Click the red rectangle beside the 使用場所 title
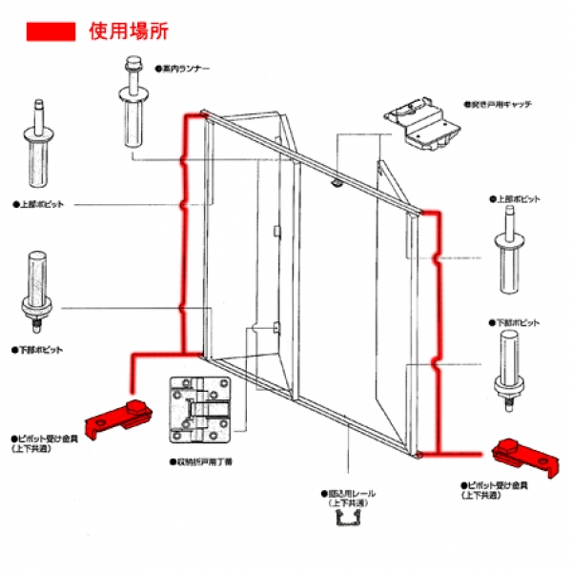(51, 31)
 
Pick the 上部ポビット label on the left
(38, 203)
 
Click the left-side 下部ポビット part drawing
(38, 286)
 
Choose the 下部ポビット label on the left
(38, 349)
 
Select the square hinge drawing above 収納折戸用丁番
(199, 411)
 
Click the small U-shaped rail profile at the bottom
(349, 523)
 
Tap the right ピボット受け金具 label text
(495, 489)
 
